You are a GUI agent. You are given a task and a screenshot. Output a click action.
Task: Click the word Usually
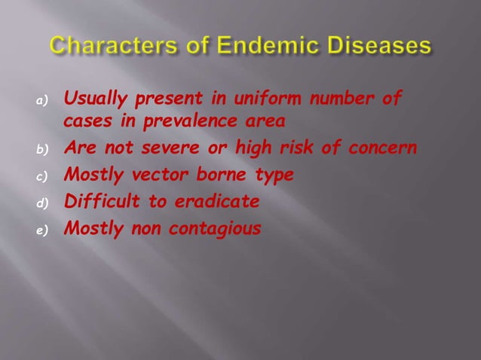[x=94, y=98]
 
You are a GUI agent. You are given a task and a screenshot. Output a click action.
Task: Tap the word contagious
[x=218, y=228]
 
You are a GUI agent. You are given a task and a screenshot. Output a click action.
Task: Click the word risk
[x=296, y=148]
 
